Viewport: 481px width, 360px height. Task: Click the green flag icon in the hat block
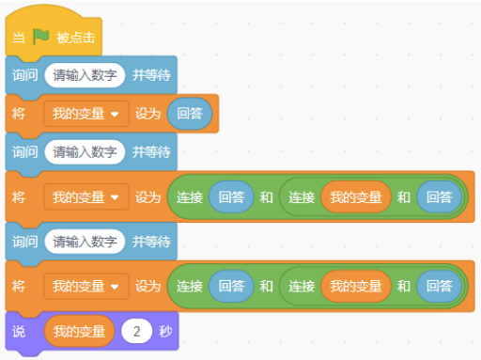coord(41,38)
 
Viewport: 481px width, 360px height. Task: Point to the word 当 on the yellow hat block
coord(19,39)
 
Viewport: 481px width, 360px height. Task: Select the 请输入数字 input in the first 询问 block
coord(85,74)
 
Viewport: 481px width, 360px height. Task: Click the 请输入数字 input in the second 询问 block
coord(85,150)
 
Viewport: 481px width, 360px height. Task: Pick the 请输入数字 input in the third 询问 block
coord(85,242)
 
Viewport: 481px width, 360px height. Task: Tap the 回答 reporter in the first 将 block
coord(190,114)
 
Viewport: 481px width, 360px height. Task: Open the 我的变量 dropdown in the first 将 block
coord(85,114)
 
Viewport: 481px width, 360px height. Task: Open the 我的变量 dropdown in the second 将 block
coord(85,197)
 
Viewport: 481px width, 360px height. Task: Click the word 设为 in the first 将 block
coord(148,114)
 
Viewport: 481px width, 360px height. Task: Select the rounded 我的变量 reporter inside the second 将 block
coord(355,197)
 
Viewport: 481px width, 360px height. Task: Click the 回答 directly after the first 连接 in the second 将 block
coord(231,197)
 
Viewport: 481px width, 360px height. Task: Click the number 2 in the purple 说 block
coord(137,331)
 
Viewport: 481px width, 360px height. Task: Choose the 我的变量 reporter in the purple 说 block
coord(79,331)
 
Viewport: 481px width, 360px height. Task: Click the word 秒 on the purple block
coord(166,331)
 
